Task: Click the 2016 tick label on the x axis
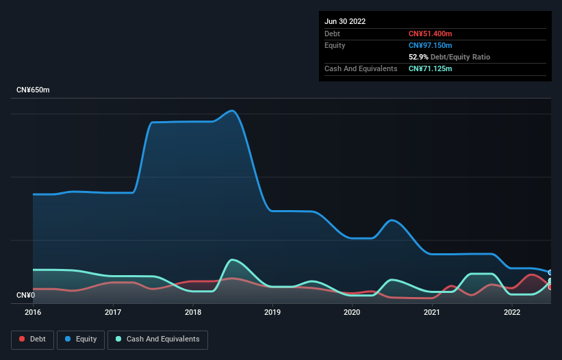pyautogui.click(x=33, y=312)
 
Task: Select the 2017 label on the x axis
pyautogui.click(x=113, y=312)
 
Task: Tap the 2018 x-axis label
pyautogui.click(x=193, y=312)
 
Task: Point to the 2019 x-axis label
pyautogui.click(x=272, y=312)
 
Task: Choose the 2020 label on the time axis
pyautogui.click(x=352, y=312)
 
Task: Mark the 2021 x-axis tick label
pyautogui.click(x=432, y=312)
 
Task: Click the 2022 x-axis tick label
pyautogui.click(x=511, y=312)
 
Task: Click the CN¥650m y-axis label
pyautogui.click(x=33, y=90)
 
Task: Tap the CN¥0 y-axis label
pyautogui.click(x=25, y=295)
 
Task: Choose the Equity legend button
pyautogui.click(x=81, y=339)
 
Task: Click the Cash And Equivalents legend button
pyautogui.click(x=157, y=339)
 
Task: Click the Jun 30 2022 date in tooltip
pyautogui.click(x=345, y=21)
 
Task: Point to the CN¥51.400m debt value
pyautogui.click(x=430, y=34)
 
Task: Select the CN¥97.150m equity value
pyautogui.click(x=430, y=45)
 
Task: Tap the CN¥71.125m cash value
pyautogui.click(x=430, y=68)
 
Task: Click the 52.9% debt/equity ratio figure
pyautogui.click(x=418, y=57)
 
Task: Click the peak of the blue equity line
pyautogui.click(x=233, y=110)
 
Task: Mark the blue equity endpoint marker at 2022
pyautogui.click(x=550, y=272)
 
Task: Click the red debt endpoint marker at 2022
pyautogui.click(x=550, y=287)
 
